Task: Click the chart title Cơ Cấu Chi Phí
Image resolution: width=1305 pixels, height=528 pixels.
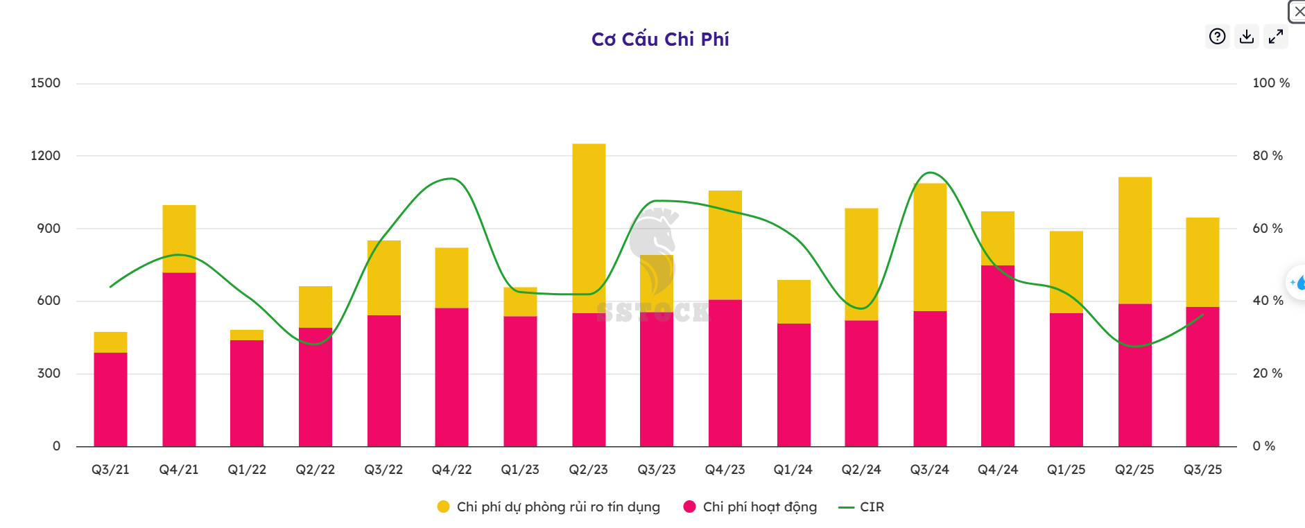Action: click(659, 39)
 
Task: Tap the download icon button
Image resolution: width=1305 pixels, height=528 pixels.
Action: click(1247, 36)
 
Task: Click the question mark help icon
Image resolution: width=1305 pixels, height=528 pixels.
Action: click(1217, 36)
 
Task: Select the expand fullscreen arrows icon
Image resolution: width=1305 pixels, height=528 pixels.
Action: click(1276, 36)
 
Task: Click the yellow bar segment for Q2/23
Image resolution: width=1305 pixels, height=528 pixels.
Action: click(589, 228)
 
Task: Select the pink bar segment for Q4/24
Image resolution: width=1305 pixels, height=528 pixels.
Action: click(998, 355)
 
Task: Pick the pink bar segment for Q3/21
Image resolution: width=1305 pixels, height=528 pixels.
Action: click(110, 399)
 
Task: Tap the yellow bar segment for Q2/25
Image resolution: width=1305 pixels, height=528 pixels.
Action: click(1134, 240)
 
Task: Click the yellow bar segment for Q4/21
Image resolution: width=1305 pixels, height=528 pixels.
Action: click(179, 238)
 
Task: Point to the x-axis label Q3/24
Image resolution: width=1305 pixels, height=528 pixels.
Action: click(929, 470)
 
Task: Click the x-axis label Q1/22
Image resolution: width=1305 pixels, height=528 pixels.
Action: click(247, 470)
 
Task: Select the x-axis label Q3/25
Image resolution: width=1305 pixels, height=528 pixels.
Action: click(1202, 470)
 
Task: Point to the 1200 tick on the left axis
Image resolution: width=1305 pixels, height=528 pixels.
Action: click(46, 156)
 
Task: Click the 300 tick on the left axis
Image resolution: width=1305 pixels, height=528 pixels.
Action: click(49, 373)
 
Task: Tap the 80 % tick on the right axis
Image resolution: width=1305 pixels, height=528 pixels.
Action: click(1268, 156)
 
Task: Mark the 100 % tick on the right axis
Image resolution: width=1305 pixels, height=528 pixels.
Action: click(1270, 83)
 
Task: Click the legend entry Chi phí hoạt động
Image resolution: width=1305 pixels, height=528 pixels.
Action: click(759, 507)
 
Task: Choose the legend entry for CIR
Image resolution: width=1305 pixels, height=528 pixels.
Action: click(871, 507)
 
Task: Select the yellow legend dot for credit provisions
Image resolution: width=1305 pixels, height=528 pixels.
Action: click(444, 507)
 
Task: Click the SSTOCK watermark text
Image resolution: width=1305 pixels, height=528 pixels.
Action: click(653, 313)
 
